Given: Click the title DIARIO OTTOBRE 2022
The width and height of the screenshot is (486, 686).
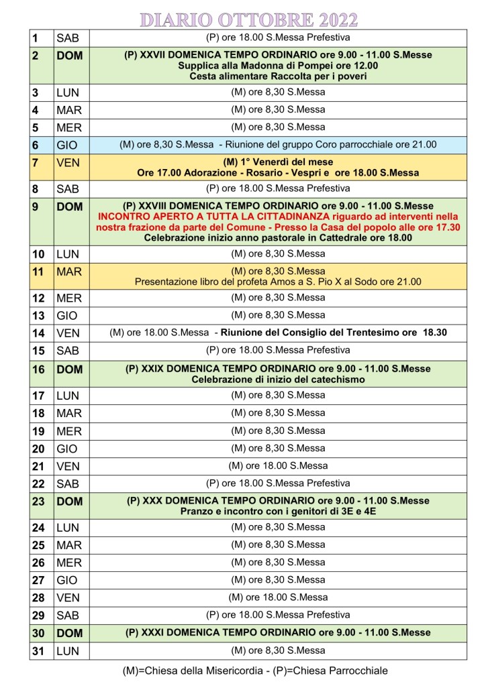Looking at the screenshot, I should point(248,18).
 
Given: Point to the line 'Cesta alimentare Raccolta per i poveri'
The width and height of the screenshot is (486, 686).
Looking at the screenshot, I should point(278,76).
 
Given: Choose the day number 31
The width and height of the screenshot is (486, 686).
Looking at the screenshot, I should point(38,650).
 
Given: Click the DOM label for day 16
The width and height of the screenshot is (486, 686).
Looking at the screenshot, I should point(69,368).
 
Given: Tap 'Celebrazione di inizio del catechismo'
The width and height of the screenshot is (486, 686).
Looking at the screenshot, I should point(278,380).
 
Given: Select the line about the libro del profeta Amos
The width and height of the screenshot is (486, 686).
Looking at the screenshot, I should point(278,282).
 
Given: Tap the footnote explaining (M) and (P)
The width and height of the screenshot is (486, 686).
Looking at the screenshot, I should point(255,670).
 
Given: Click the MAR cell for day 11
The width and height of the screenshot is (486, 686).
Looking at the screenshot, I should point(68,271).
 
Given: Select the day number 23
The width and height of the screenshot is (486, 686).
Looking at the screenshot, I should point(38,501).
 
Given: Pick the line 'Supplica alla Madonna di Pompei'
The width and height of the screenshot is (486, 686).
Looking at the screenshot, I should point(278,66).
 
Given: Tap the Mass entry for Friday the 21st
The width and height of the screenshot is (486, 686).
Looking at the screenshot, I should point(278,465).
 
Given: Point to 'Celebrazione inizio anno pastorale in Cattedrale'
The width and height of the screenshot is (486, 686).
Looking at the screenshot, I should point(278,238).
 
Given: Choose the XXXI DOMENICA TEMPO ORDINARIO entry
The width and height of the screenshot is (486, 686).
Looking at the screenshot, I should point(278,632).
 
